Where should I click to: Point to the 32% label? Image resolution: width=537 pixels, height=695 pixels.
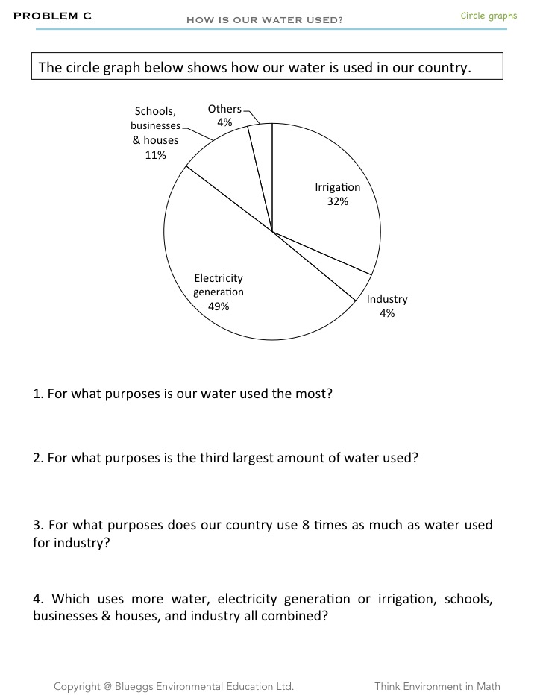337,201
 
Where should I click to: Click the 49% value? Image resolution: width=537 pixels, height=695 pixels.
219,306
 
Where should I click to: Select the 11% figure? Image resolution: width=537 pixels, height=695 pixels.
155,155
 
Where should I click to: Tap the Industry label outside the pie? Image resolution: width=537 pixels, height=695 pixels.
387,299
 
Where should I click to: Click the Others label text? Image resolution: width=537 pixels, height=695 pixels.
224,109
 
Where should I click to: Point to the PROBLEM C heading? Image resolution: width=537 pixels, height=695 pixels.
53,16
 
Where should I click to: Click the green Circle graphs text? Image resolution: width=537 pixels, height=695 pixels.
489,16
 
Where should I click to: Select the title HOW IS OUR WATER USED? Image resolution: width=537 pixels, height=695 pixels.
265,20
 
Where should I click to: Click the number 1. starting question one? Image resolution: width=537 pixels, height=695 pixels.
38,394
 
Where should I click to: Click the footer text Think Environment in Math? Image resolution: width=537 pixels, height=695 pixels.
437,686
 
